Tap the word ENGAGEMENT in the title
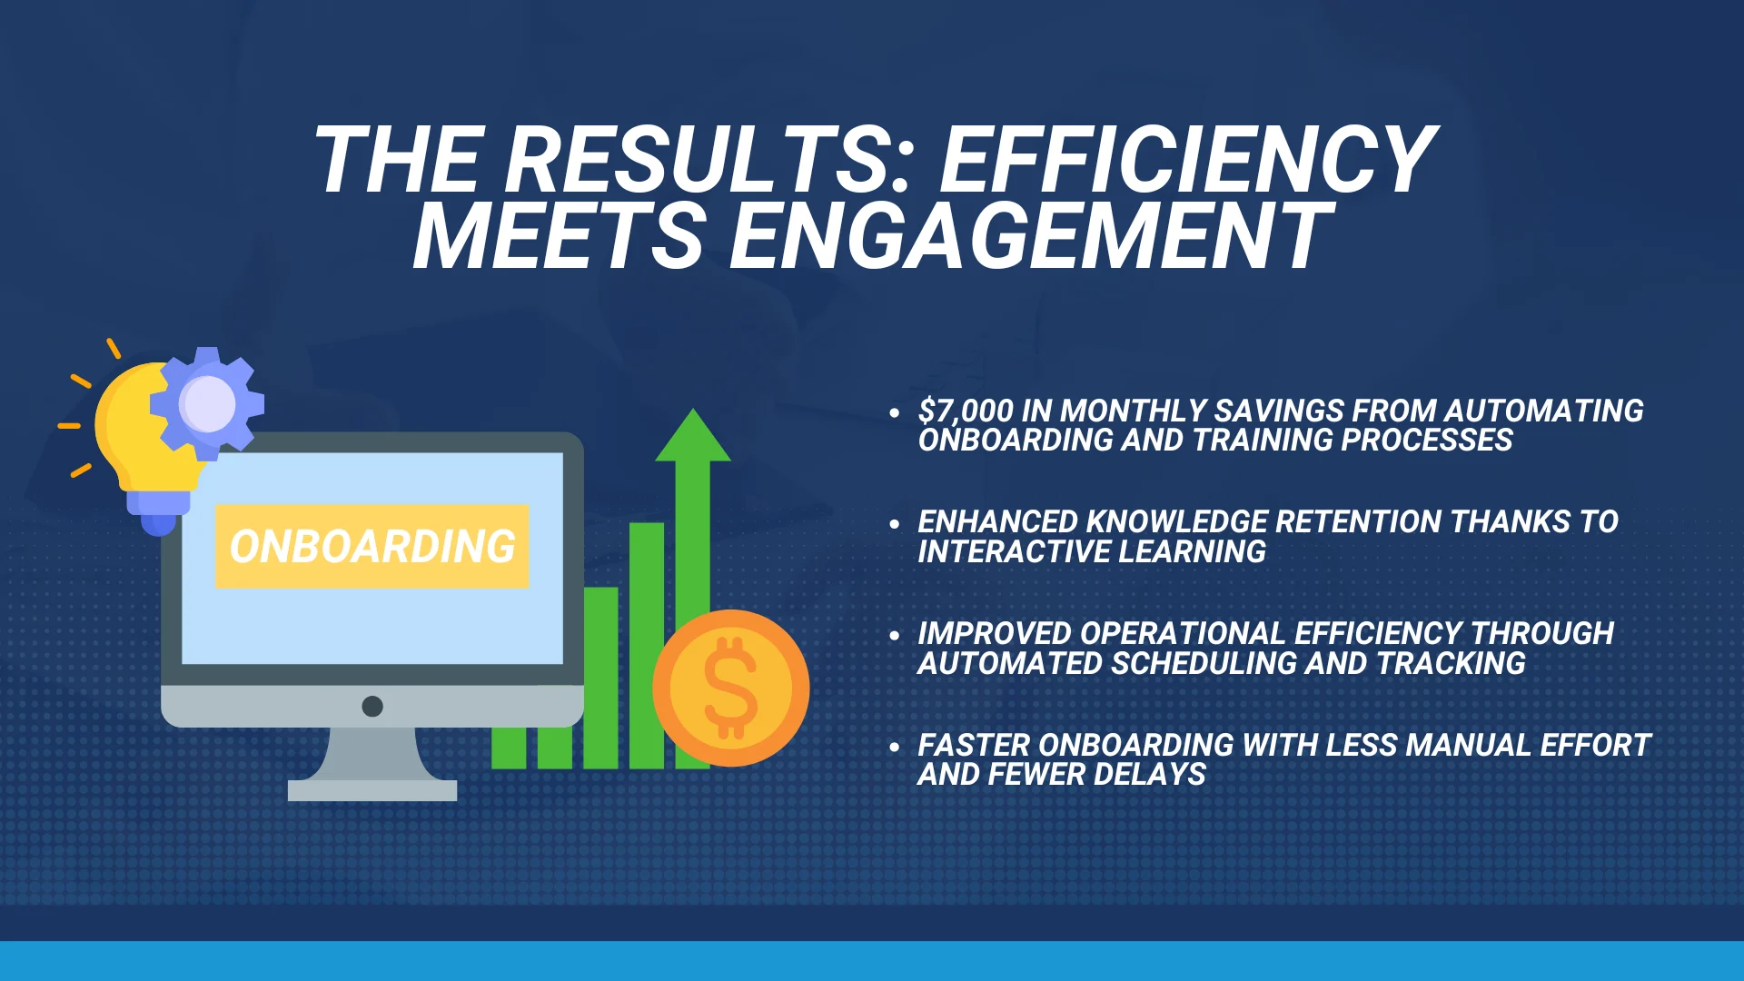(x=1031, y=236)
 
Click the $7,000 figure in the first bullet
(x=966, y=411)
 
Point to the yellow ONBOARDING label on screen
(x=372, y=546)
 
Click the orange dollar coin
(x=731, y=688)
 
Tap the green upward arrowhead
(x=693, y=435)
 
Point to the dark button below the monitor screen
(x=372, y=706)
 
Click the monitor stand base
(x=372, y=790)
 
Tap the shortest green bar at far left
(x=509, y=748)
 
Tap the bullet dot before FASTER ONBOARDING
(x=895, y=748)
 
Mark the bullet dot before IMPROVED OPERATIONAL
(x=895, y=636)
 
